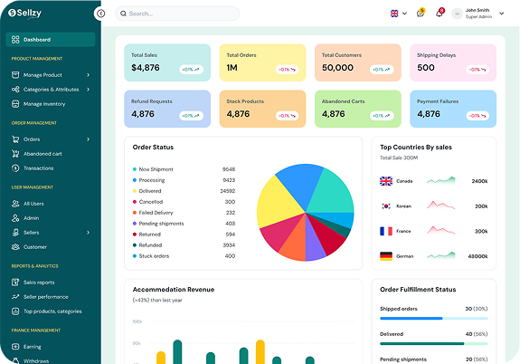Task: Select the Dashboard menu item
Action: coord(37,40)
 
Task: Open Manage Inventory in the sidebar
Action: coord(44,104)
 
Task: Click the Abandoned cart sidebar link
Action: coord(43,153)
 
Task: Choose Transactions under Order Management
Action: coord(38,168)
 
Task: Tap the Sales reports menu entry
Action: coord(39,283)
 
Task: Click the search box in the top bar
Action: coord(177,14)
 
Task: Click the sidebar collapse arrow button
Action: coord(100,14)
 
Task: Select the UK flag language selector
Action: coord(394,14)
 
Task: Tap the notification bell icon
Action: coord(440,14)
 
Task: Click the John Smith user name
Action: coord(477,10)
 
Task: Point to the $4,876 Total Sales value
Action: coord(145,68)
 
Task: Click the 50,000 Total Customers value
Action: coord(337,68)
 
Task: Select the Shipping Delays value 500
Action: coord(426,68)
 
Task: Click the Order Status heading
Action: coord(153,147)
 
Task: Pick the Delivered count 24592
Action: coord(227,191)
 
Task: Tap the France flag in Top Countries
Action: coord(386,231)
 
